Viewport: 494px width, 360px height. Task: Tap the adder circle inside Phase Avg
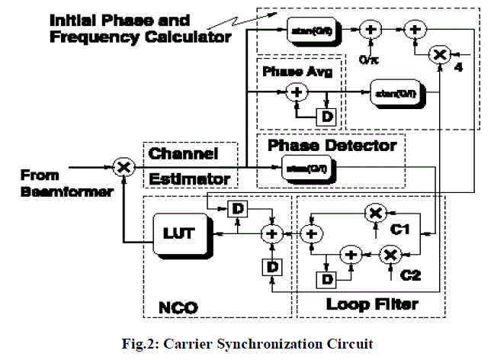(295, 93)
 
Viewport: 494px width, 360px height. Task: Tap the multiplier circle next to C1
(374, 214)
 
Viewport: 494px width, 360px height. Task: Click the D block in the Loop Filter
(329, 279)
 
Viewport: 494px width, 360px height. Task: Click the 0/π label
(372, 56)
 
